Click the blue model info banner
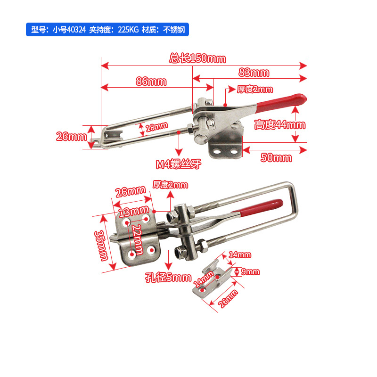pyautogui.click(x=107, y=30)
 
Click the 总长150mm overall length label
pyautogui.click(x=197, y=58)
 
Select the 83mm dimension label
pyautogui.click(x=254, y=73)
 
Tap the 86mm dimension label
pyautogui.click(x=151, y=81)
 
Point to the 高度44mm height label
pyautogui.click(x=280, y=125)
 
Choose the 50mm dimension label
pyautogui.click(x=276, y=157)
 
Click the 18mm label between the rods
pyautogui.click(x=157, y=127)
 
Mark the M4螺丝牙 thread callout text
pyautogui.click(x=179, y=164)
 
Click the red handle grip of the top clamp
pyautogui.click(x=281, y=103)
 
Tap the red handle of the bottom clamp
pyautogui.click(x=260, y=207)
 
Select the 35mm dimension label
pyautogui.click(x=101, y=246)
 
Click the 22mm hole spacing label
pyautogui.click(x=138, y=239)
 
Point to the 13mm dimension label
pyautogui.click(x=134, y=212)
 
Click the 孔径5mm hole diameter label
pyautogui.click(x=168, y=278)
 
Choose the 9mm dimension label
pyautogui.click(x=250, y=272)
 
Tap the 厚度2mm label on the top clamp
pyautogui.click(x=255, y=89)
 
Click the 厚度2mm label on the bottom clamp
pyautogui.click(x=170, y=185)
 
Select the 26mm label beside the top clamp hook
pyautogui.click(x=72, y=137)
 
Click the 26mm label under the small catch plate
pyautogui.click(x=228, y=299)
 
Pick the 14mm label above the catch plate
pyautogui.click(x=240, y=254)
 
